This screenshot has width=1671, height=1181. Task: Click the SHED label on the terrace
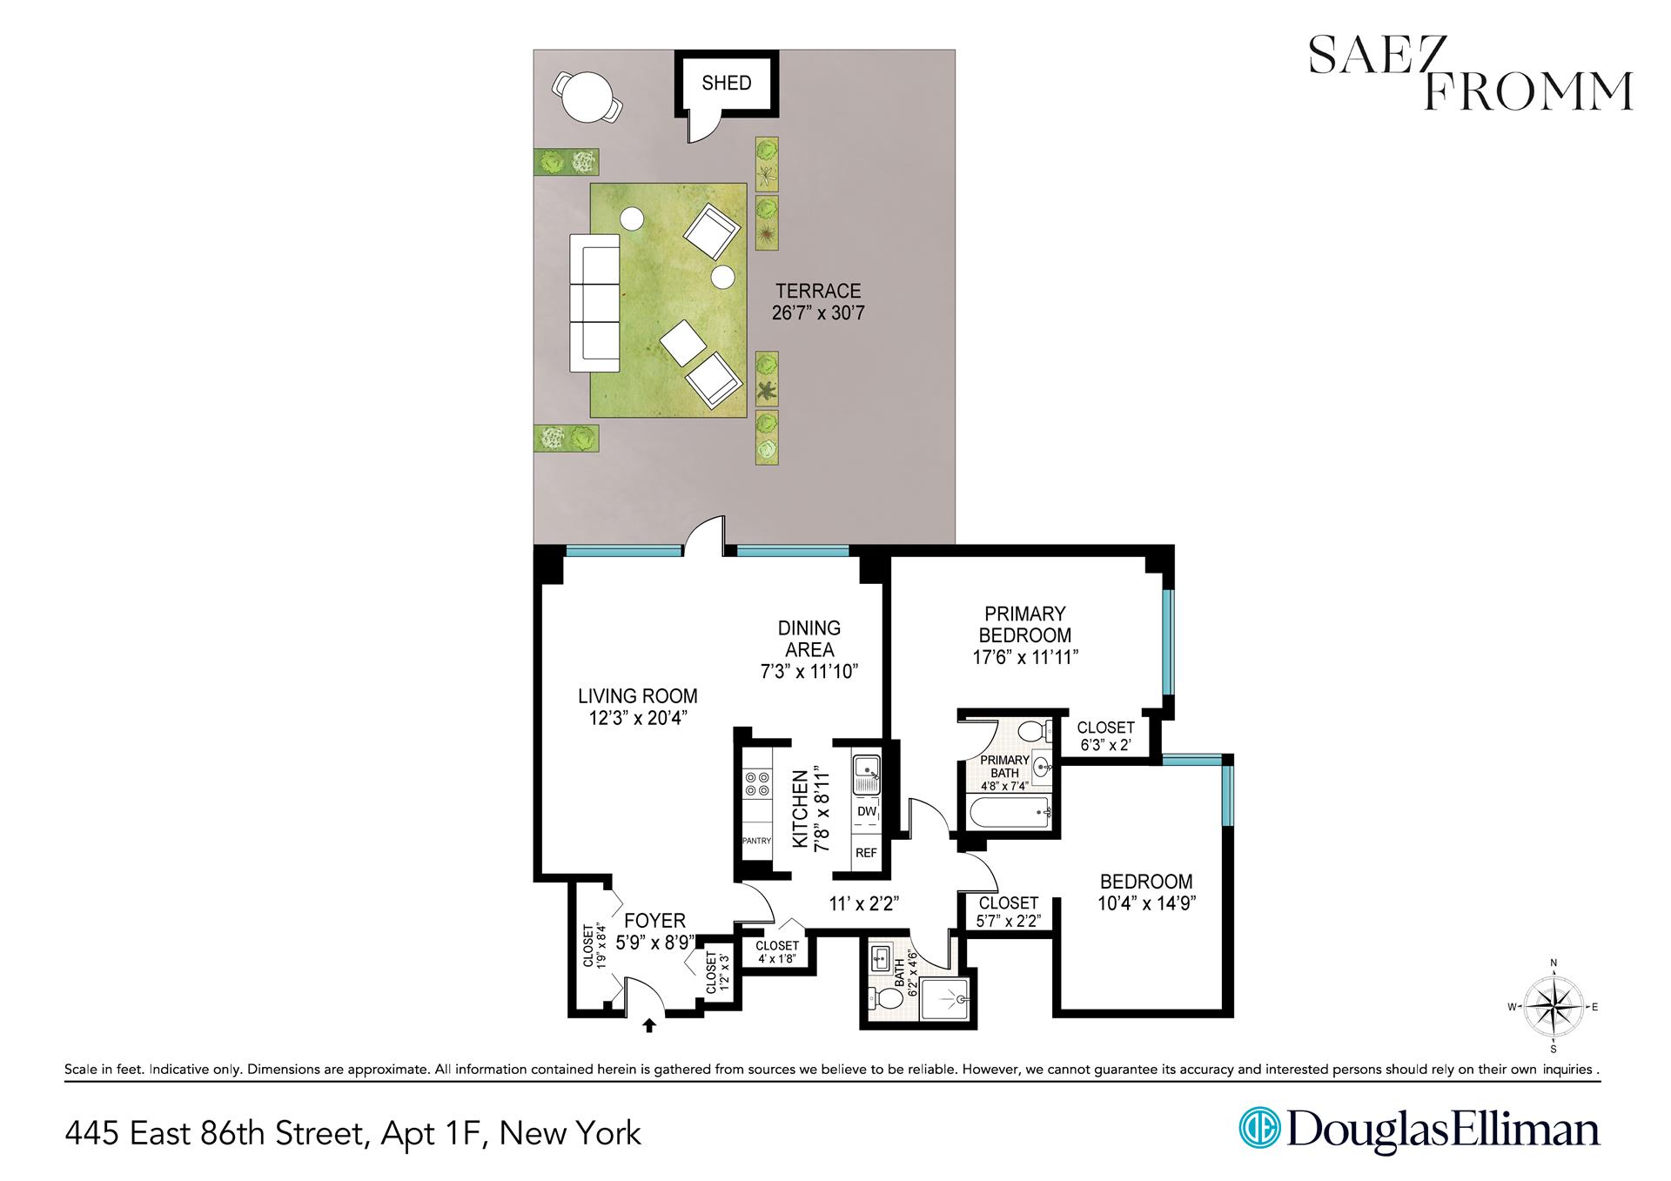tap(726, 84)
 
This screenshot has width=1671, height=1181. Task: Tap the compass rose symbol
tap(1554, 1007)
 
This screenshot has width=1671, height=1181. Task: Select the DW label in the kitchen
tap(866, 811)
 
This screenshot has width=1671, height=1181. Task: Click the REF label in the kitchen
tap(866, 853)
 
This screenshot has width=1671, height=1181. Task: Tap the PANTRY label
tap(756, 841)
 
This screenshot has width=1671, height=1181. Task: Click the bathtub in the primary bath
tap(1008, 815)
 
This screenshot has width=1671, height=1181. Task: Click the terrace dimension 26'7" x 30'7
tap(818, 313)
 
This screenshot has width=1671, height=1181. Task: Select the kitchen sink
tap(868, 772)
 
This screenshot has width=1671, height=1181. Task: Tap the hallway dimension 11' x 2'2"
tap(863, 904)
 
